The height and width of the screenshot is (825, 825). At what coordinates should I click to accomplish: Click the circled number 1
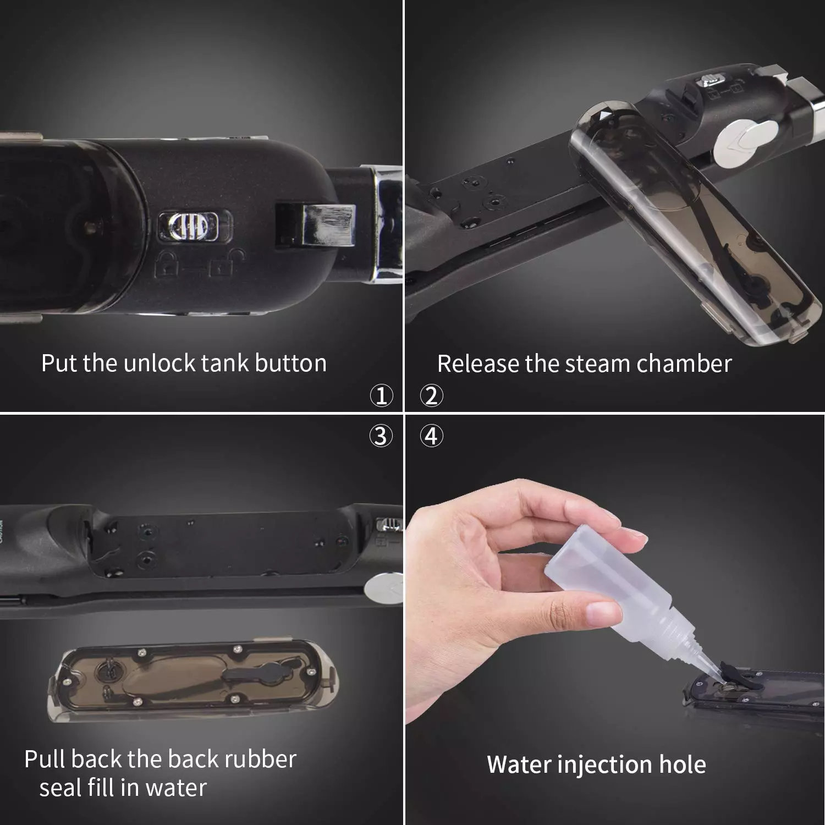(x=381, y=395)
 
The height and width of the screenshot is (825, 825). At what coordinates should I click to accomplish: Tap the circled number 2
(x=432, y=395)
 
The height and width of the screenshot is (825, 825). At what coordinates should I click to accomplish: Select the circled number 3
(x=381, y=436)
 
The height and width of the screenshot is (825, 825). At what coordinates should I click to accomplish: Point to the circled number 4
(x=432, y=436)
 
